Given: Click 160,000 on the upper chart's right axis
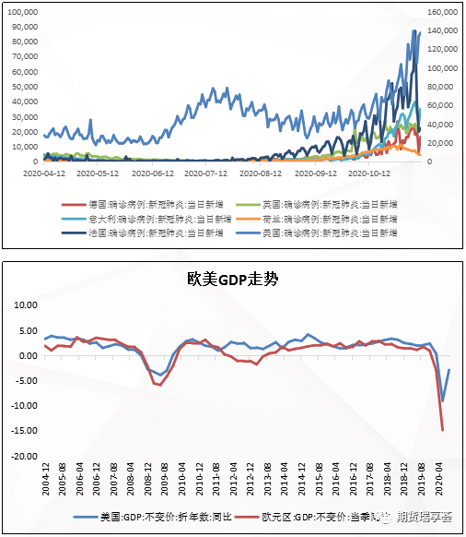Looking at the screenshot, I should (x=443, y=12).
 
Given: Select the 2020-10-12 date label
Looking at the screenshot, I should (x=370, y=173).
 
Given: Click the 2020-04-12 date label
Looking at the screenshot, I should (x=43, y=173).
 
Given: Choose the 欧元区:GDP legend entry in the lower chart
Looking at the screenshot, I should (x=313, y=519).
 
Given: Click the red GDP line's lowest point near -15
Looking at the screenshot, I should (x=443, y=430).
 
